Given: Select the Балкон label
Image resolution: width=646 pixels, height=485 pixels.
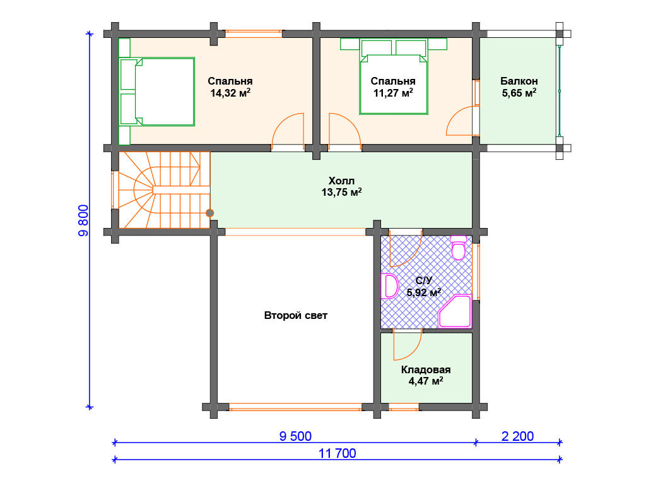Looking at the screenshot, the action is [519, 81].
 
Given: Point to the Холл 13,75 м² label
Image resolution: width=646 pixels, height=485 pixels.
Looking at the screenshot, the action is [341, 187].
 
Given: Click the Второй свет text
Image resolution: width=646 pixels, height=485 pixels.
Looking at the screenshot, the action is [296, 316].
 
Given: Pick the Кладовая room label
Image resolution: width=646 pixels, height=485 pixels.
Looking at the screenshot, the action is [426, 370].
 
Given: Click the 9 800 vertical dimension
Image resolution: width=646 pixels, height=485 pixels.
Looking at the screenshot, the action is [83, 220].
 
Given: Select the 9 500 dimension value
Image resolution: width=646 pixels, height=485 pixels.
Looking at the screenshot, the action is [295, 436].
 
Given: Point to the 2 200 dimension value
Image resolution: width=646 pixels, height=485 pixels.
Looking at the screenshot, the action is [517, 436].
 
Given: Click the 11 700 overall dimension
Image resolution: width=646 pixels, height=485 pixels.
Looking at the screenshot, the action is [337, 453].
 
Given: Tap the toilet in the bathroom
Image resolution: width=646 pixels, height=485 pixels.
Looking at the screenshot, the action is [459, 248].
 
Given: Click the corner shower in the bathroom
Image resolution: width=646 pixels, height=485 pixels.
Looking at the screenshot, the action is [455, 311].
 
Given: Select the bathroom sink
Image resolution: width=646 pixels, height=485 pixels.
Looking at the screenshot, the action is [390, 286].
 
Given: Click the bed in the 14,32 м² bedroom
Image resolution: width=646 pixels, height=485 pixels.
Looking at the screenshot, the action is [157, 92].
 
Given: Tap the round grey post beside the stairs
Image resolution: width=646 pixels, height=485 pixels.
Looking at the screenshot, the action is [209, 213].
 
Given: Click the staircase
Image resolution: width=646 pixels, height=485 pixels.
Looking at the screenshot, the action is [165, 189].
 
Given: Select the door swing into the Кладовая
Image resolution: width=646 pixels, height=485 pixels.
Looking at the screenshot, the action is [408, 345].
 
